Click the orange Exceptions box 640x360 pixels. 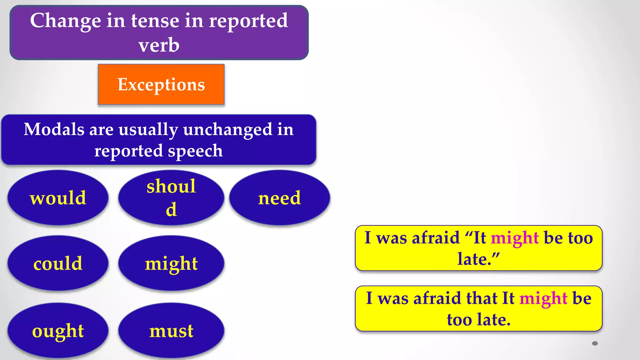click(161, 84)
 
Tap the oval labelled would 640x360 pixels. click(58, 198)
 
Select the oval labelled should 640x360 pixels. click(171, 197)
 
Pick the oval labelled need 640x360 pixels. click(279, 198)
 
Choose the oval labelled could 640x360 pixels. click(58, 263)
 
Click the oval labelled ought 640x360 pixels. click(58, 331)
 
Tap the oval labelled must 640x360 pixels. click(171, 331)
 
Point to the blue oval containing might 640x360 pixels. click(171, 263)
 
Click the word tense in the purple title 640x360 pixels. click(155, 21)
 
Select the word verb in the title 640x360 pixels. click(159, 45)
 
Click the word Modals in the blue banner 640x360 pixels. click(54, 129)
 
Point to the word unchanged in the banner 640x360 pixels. click(227, 129)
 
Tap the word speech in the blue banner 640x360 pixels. click(195, 151)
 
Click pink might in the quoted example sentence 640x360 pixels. click(515, 238)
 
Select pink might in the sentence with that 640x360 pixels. click(543, 298)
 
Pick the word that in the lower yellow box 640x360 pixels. click(482, 298)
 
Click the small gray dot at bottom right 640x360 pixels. click(595, 343)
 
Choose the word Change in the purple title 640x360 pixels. click(66, 21)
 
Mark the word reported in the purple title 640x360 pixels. click(248, 21)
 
